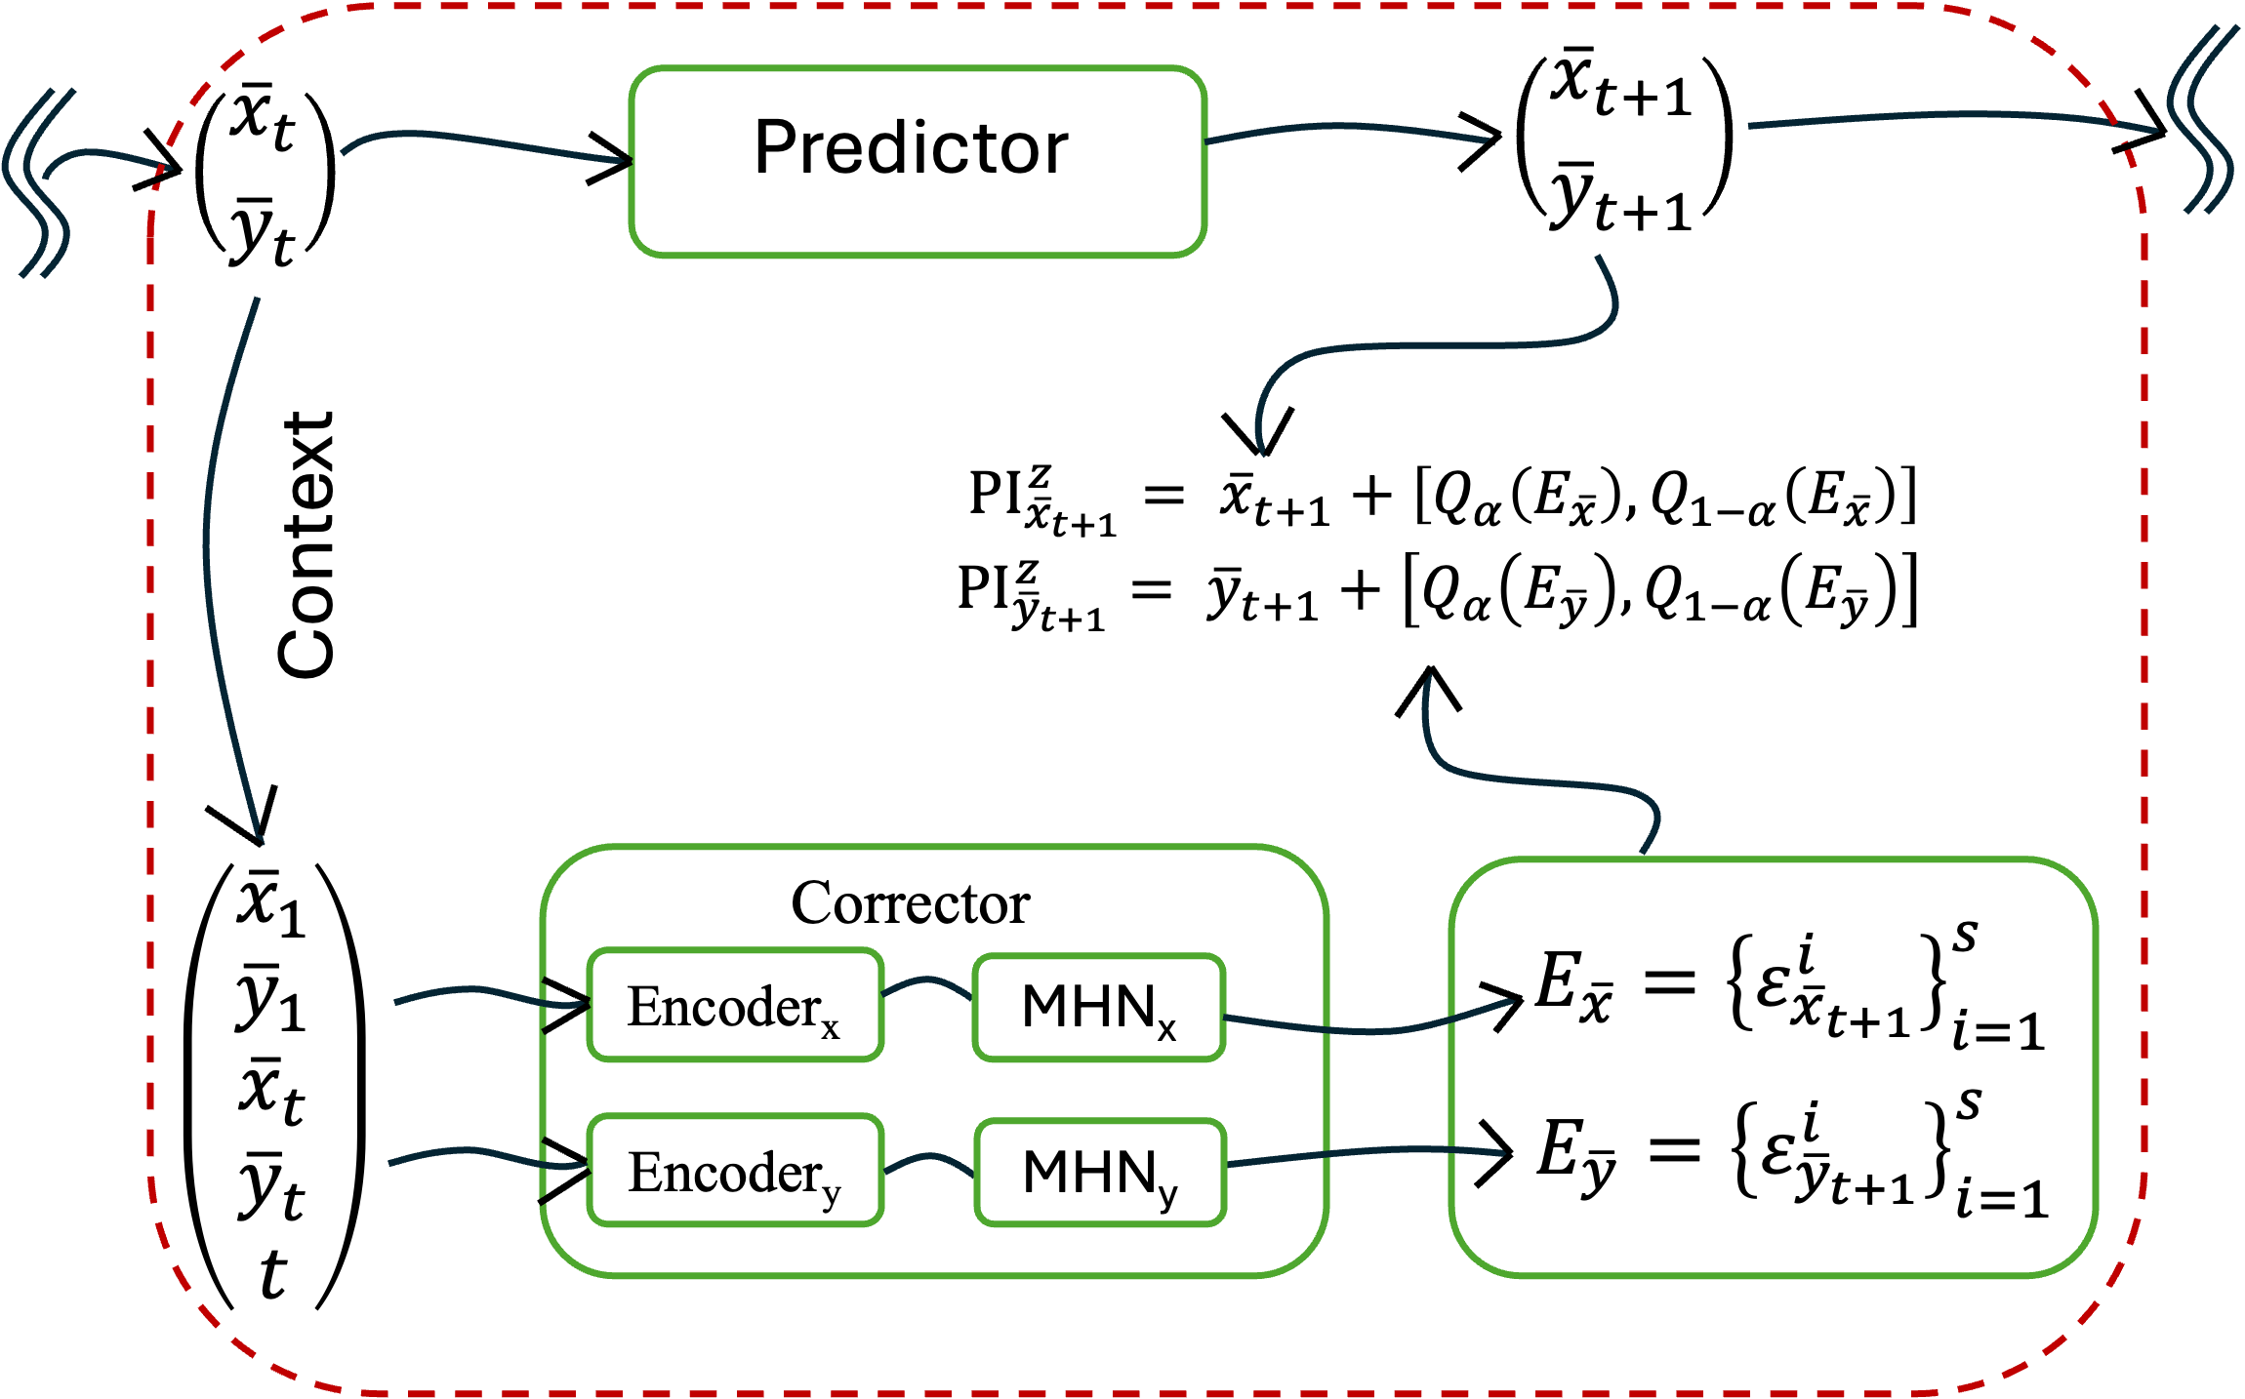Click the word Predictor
(x=911, y=148)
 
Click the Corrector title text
(x=910, y=903)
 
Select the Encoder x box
(x=735, y=1006)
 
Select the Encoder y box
(x=735, y=1171)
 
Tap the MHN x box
(x=1099, y=1008)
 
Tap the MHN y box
(x=1100, y=1173)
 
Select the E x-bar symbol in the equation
(x=1572, y=987)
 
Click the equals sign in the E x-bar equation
(x=1669, y=983)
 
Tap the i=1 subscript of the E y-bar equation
(x=2000, y=1199)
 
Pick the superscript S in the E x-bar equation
(x=1965, y=937)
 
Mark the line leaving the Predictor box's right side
(x=1347, y=128)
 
